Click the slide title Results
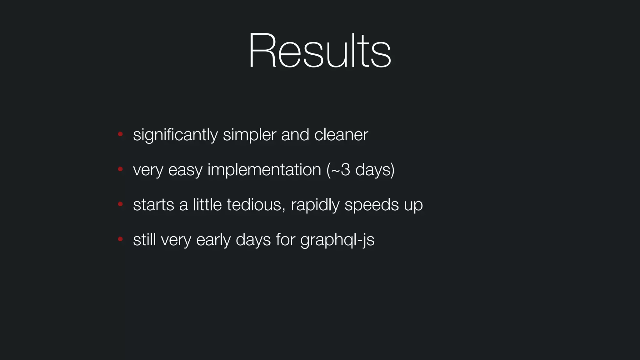[x=319, y=51]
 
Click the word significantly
[x=175, y=135]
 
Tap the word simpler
[x=249, y=135]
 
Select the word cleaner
[x=341, y=135]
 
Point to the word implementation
[x=264, y=170]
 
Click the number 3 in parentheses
[x=345, y=170]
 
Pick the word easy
[x=185, y=170]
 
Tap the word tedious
[x=256, y=205]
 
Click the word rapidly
[x=315, y=205]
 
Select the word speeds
[x=372, y=205]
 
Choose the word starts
[x=153, y=205]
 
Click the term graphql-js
[x=337, y=240]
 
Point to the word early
[x=213, y=240]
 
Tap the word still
[x=144, y=240]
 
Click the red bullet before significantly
[x=120, y=134]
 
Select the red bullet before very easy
[x=120, y=169]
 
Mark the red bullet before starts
[x=120, y=204]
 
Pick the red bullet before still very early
[x=120, y=239]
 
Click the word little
[x=207, y=205]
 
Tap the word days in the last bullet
[x=253, y=240]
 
